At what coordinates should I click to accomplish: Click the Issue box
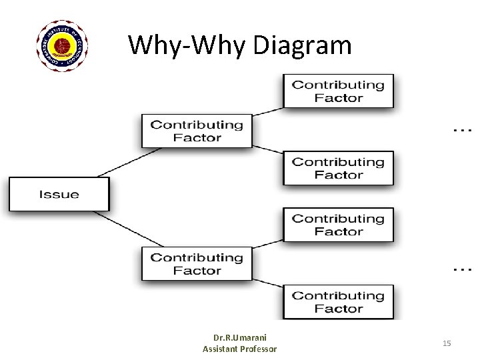[59, 194]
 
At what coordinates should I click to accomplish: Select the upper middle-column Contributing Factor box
[197, 131]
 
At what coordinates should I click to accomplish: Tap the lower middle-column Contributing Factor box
[197, 264]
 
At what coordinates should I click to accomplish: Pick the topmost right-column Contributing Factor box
[339, 91]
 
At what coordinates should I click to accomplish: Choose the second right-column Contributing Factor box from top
[339, 168]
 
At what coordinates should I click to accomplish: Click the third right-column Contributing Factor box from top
[339, 225]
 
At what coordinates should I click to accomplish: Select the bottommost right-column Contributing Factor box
[339, 301]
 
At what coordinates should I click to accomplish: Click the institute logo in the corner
[61, 45]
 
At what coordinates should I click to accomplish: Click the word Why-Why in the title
[187, 45]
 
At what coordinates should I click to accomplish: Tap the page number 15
[447, 343]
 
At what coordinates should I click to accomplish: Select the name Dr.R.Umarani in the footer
[240, 338]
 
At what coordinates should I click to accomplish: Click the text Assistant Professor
[240, 349]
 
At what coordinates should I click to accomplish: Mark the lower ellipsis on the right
[462, 268]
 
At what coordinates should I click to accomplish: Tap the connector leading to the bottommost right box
[268, 285]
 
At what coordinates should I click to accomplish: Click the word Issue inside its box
[59, 195]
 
